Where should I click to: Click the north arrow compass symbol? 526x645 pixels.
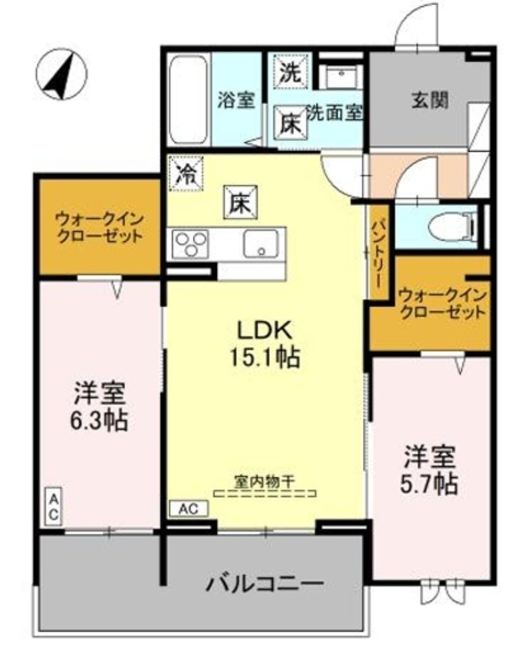(61, 75)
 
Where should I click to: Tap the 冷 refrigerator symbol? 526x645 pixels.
(186, 171)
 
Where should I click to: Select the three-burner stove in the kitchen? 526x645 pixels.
(191, 243)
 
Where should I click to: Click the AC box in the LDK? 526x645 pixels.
(189, 508)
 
